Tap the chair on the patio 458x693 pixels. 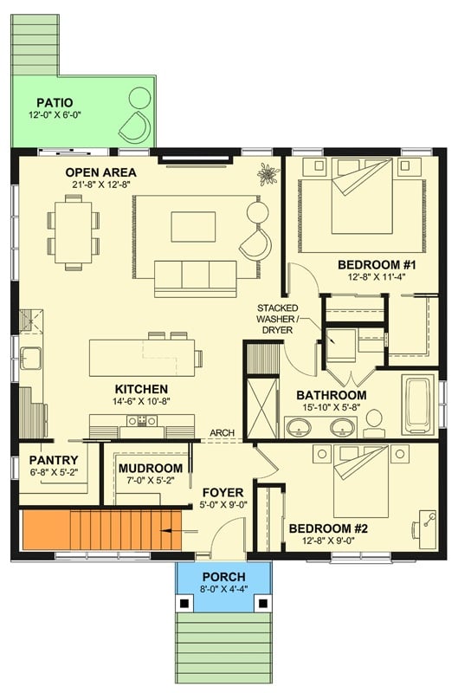[135, 126]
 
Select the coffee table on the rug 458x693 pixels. [193, 226]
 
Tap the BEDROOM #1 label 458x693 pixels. [371, 264]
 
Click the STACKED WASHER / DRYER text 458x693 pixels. [277, 320]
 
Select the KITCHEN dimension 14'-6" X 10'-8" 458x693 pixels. [139, 404]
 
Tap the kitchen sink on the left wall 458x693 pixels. [32, 355]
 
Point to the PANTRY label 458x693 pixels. [54, 460]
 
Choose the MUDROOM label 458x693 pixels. [150, 469]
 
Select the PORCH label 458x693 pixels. [223, 577]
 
